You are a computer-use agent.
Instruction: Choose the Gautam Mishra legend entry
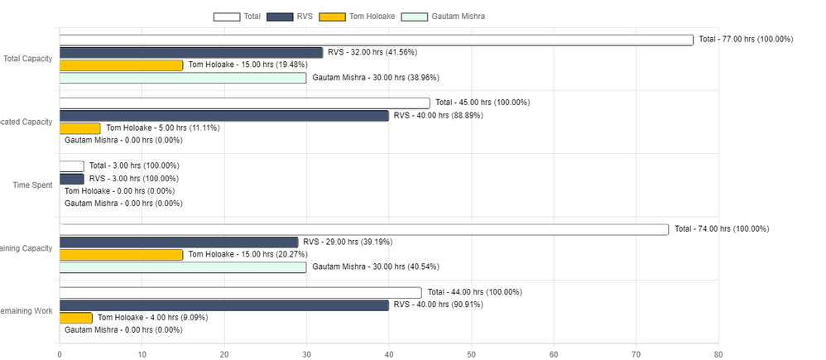click(444, 16)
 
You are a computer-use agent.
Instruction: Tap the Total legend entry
click(238, 16)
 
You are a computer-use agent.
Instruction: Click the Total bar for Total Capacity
click(376, 40)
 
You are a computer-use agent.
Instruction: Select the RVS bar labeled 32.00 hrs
click(190, 52)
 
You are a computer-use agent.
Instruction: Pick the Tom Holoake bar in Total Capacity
click(121, 65)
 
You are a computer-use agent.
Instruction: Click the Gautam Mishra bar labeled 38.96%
click(182, 78)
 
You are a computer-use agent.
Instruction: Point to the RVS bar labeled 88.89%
click(223, 116)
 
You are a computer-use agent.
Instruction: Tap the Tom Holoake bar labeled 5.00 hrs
click(79, 128)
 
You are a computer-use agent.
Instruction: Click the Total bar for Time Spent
click(71, 166)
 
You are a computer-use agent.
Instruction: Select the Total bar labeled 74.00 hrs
click(363, 229)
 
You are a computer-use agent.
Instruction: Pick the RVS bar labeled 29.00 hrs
click(178, 242)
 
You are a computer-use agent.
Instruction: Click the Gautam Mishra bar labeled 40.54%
click(182, 267)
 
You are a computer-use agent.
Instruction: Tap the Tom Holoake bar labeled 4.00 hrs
click(75, 318)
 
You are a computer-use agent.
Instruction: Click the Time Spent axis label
click(32, 185)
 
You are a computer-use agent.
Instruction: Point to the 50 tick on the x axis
click(471, 354)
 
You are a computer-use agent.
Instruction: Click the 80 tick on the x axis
click(718, 354)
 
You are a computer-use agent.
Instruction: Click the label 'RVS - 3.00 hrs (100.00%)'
click(133, 179)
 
